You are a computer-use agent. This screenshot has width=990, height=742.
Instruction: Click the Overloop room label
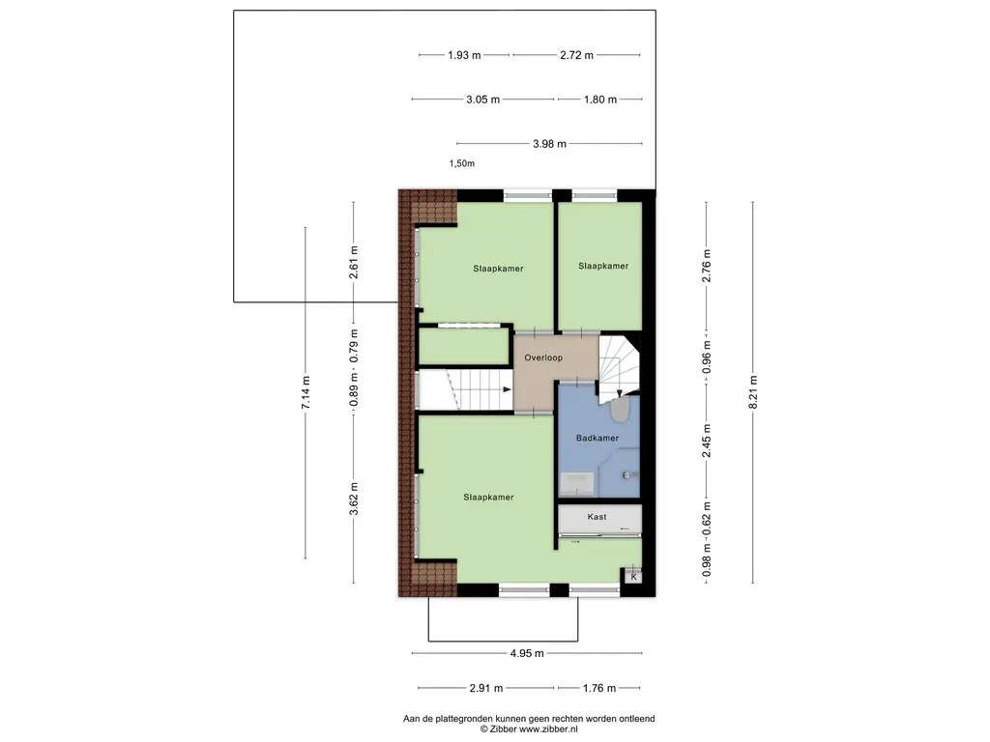543,357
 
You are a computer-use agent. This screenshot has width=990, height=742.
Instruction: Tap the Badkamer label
597,438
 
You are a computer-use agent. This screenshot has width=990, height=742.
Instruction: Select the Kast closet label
597,517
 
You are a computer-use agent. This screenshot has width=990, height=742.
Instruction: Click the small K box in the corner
633,577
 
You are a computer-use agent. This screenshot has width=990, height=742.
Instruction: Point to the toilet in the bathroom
620,410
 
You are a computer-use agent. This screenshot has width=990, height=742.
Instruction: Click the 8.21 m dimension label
752,392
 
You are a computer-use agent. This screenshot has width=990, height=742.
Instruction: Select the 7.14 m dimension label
306,392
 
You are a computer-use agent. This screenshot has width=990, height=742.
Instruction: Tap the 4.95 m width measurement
527,654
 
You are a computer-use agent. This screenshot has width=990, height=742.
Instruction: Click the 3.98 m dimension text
549,144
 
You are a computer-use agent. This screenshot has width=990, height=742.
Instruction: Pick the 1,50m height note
461,163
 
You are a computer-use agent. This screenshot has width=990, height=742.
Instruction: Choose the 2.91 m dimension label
486,688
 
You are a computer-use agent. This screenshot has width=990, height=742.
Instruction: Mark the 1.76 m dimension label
599,688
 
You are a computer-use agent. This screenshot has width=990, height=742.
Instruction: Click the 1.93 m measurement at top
464,55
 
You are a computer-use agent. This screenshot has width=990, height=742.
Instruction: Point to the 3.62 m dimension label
354,499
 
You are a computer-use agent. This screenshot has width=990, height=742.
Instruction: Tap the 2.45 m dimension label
707,441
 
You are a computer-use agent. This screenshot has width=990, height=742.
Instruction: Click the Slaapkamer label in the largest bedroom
488,498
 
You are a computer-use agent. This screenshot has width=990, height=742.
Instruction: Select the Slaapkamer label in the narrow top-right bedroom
603,267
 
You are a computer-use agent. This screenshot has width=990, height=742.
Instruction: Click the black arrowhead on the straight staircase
507,390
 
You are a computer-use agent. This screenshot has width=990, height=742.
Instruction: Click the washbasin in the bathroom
577,484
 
